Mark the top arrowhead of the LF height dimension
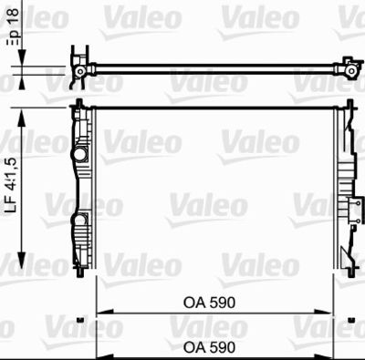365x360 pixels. (22, 110)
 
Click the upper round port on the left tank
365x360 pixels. (79, 152)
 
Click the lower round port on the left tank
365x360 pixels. (78, 220)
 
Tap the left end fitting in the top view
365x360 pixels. (80, 69)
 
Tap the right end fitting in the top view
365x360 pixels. (348, 67)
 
